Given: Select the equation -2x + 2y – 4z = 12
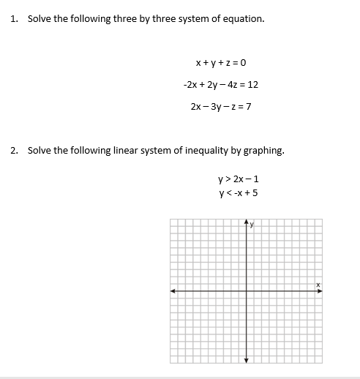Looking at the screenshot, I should coord(220,85).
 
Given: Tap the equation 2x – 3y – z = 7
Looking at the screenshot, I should coord(220,107).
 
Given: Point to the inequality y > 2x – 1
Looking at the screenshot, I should coord(239,179).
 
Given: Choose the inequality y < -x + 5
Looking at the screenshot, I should coord(239,193).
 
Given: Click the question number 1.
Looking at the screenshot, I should coord(14,18).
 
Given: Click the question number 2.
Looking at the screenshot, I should coord(14,151).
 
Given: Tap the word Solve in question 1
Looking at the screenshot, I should coord(40,18).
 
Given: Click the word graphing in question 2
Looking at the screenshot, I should coord(263,151).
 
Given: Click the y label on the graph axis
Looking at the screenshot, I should coord(251,225).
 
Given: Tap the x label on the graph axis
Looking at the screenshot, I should coord(318,285).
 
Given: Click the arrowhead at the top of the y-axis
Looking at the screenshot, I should coord(246,222).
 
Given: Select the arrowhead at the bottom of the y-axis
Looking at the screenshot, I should coord(246,359).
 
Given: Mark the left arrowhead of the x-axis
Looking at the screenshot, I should coord(173,290).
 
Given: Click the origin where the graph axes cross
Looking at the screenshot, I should coord(246,290).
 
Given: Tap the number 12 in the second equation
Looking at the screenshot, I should coord(252,85).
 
